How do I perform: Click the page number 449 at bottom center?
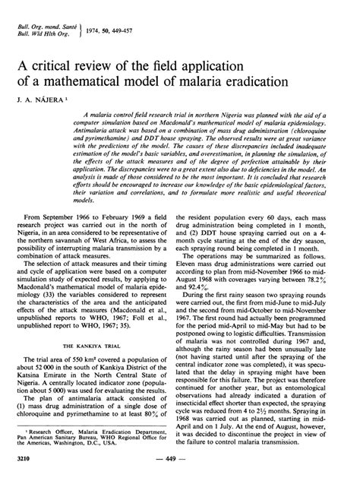click(179, 461)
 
